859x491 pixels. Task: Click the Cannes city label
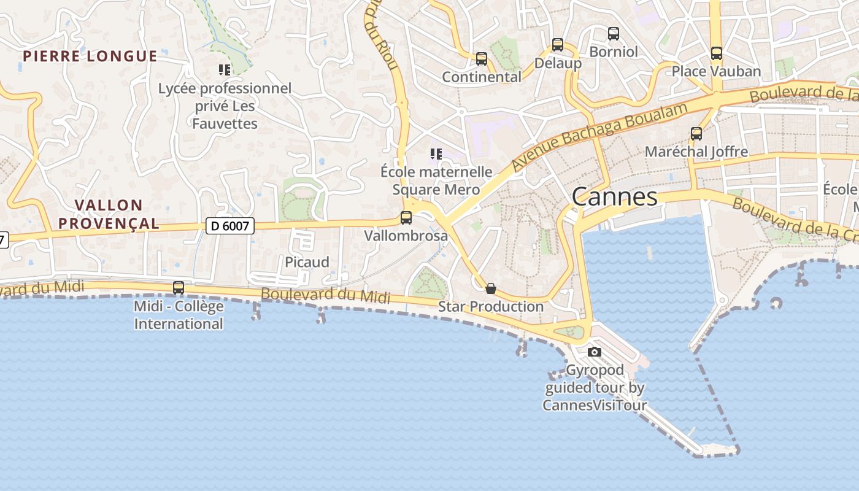(x=614, y=197)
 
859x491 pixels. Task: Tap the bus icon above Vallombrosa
(x=406, y=218)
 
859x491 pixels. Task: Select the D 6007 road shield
(x=230, y=226)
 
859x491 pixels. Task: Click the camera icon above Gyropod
(x=594, y=352)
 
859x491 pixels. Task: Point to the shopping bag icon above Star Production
(x=490, y=288)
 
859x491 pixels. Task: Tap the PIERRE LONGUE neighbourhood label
(x=90, y=56)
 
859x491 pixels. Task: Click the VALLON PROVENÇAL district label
(x=109, y=214)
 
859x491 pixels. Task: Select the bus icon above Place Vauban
(x=716, y=53)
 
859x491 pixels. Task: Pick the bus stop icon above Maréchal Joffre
(x=696, y=134)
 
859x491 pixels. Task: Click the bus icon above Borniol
(x=613, y=34)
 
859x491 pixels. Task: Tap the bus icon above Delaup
(x=557, y=45)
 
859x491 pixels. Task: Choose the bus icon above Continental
(x=481, y=59)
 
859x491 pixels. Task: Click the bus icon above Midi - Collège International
(x=178, y=287)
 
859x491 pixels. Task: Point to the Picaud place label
(x=307, y=262)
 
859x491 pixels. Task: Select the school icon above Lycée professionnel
(x=225, y=70)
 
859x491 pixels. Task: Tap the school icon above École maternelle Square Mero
(x=436, y=153)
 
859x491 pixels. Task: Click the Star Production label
(x=491, y=306)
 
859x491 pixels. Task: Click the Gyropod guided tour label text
(x=595, y=387)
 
